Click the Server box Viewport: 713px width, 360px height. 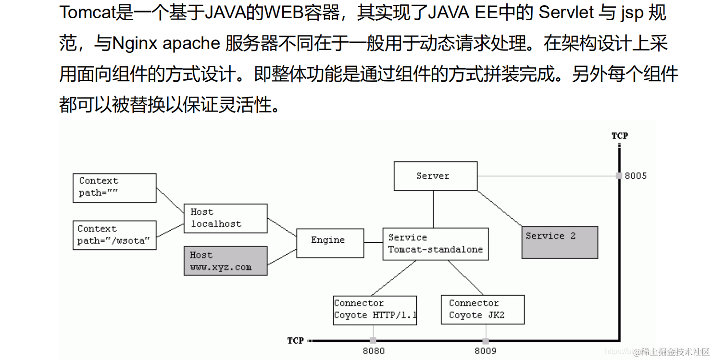click(435, 176)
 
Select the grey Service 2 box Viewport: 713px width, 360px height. click(560, 242)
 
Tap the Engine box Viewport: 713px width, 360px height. click(330, 243)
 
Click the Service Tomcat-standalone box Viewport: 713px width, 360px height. click(435, 244)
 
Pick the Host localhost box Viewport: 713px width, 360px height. click(225, 218)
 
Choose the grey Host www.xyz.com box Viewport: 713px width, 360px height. click(225, 261)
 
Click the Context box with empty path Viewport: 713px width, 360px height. click(114, 188)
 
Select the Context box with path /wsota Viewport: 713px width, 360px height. click(114, 235)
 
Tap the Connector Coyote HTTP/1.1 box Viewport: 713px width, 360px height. click(375, 310)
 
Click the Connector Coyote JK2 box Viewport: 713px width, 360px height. click(482, 310)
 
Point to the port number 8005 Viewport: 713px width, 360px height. click(636, 176)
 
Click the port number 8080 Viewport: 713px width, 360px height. click(374, 351)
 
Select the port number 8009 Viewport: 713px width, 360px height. click(486, 351)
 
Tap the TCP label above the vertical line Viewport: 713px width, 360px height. click(619, 136)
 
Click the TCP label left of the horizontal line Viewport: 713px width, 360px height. click(295, 341)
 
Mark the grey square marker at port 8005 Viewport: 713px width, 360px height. click(619, 176)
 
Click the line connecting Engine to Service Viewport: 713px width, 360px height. click(373, 243)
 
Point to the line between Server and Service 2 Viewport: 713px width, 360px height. click(500, 208)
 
